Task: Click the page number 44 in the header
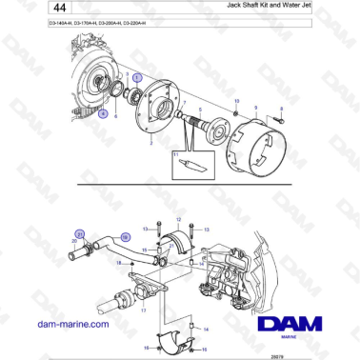click(46, 11)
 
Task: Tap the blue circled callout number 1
click(136, 74)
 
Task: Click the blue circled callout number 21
click(82, 233)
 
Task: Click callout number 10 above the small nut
click(235, 101)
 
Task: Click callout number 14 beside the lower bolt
click(208, 327)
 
